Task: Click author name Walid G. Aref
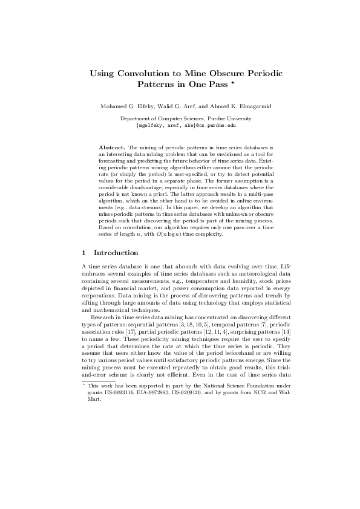click(x=175, y=106)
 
